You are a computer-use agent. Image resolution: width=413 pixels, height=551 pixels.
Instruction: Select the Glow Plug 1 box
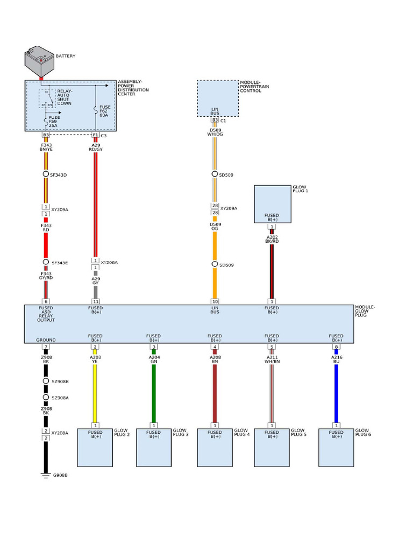[x=273, y=204]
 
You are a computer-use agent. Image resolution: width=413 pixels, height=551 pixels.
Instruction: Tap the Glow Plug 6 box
[x=336, y=447]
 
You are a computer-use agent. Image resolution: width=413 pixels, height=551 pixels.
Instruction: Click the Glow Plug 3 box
[x=154, y=447]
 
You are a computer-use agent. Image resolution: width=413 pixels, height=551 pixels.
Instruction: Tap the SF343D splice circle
[x=46, y=175]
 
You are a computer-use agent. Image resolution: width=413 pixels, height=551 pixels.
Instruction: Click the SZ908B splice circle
[x=46, y=381]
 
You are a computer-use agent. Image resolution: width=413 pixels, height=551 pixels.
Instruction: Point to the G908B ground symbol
[x=46, y=475]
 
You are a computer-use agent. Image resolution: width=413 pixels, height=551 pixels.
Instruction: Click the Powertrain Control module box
[x=217, y=98]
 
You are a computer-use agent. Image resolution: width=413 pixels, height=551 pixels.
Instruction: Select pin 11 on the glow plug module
[x=95, y=301]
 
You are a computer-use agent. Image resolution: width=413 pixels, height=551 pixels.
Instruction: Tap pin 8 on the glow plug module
[x=336, y=347]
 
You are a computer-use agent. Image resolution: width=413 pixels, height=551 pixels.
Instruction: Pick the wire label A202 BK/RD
[x=273, y=239]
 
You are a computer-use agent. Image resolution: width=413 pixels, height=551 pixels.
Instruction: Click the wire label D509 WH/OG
[x=215, y=132]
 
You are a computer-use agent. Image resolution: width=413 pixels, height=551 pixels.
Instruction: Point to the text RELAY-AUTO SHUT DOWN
[x=64, y=97]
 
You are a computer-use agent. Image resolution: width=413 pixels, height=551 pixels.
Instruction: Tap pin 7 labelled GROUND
[x=46, y=347]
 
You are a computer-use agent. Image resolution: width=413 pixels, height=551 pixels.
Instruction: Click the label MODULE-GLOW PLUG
[x=365, y=311]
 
